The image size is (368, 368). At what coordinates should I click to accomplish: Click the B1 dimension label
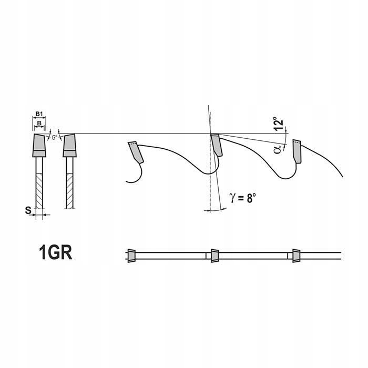tap(38, 114)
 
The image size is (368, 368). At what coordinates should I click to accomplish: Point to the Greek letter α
tap(277, 149)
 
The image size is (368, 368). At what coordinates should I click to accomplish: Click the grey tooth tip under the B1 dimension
tap(38, 145)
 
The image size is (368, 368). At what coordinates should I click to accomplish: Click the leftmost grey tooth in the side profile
tap(135, 152)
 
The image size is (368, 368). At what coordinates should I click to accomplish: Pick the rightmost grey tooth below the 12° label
tap(297, 151)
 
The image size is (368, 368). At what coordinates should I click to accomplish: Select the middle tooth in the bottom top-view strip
tap(214, 254)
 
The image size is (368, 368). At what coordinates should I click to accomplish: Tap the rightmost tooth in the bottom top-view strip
tap(295, 254)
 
